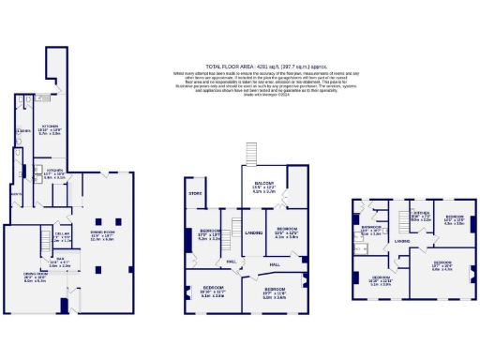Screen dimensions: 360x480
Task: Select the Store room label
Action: [195, 194]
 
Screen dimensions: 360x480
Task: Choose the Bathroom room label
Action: [371, 228]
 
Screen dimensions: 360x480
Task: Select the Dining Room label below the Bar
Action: [35, 276]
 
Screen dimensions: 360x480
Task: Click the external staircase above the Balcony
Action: [250, 155]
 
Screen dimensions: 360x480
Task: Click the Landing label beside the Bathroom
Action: [401, 240]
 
